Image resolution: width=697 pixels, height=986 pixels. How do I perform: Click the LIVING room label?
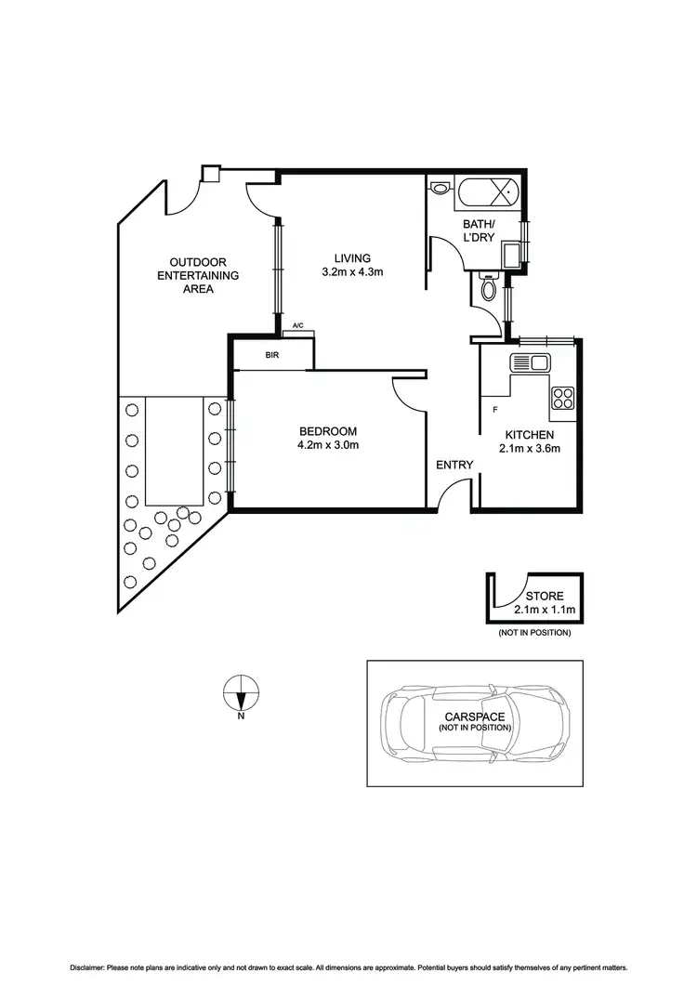(352, 257)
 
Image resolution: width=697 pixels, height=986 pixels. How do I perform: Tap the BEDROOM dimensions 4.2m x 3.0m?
(328, 445)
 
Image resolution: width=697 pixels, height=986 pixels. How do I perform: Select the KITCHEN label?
(529, 435)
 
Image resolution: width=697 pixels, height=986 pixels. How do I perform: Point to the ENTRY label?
(454, 465)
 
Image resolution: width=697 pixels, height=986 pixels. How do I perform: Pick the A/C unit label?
(298, 326)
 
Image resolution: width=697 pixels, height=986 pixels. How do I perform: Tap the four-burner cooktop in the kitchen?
(563, 398)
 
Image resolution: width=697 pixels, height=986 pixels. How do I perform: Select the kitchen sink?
(532, 362)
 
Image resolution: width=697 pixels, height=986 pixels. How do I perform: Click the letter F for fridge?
(494, 409)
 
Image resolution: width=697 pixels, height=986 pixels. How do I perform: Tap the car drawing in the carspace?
(474, 723)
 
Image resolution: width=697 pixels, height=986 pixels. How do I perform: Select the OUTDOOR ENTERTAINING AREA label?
(198, 275)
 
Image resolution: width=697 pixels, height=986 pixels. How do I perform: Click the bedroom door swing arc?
(405, 394)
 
